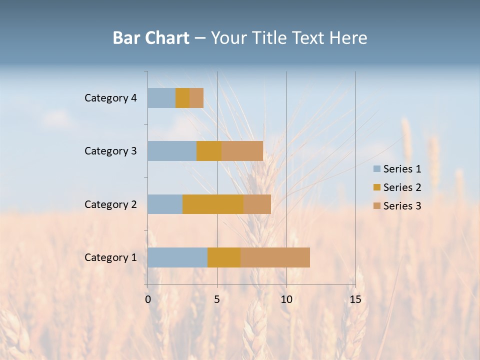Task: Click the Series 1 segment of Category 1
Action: (x=177, y=257)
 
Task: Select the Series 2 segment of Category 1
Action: (x=224, y=257)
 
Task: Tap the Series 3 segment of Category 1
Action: (x=275, y=257)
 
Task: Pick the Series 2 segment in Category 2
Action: (x=213, y=204)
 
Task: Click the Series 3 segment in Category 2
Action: (x=257, y=204)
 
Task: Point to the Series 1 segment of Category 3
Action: (x=172, y=151)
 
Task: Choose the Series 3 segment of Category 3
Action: (x=242, y=151)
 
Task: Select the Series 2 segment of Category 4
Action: (x=182, y=98)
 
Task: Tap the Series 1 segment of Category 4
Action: (x=161, y=98)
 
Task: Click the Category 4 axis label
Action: (x=110, y=98)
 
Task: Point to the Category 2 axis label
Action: (x=110, y=204)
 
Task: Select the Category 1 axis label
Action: (x=110, y=257)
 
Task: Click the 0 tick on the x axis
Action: (x=148, y=299)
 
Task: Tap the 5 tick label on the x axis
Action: (x=217, y=299)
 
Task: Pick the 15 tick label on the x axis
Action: (x=355, y=299)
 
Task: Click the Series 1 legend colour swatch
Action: (x=376, y=169)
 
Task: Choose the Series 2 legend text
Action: (x=402, y=187)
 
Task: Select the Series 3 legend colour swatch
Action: (x=376, y=206)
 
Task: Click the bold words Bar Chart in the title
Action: (x=151, y=37)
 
